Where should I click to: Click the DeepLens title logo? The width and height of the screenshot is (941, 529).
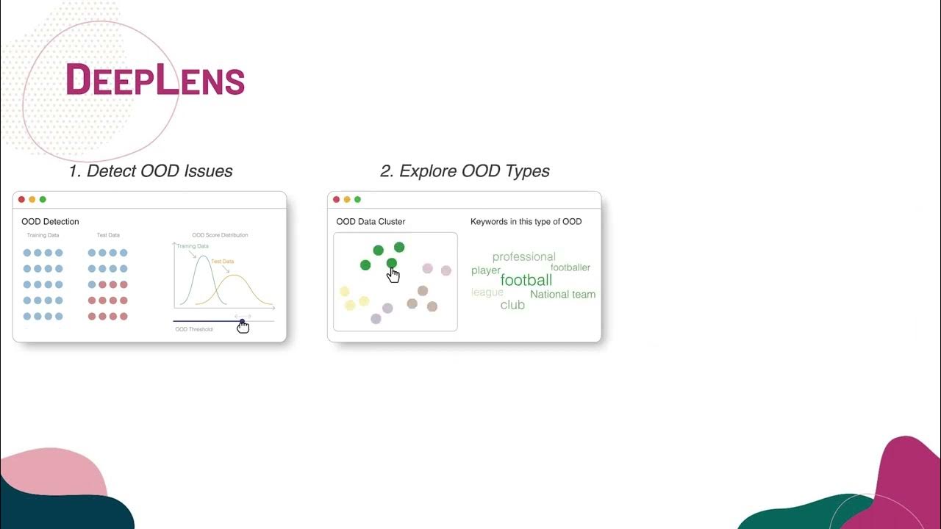click(155, 79)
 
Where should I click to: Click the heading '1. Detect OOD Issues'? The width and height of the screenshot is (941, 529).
click(151, 171)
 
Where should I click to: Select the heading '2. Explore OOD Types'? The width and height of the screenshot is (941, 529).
click(465, 171)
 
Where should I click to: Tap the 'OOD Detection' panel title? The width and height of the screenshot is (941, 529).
click(50, 221)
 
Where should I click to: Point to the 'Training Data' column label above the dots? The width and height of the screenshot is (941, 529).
click(43, 235)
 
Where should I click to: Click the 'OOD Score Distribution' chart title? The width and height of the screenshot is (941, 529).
click(220, 235)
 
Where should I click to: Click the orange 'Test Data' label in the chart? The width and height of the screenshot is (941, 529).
click(222, 262)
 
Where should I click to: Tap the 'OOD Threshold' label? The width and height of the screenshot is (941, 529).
click(193, 329)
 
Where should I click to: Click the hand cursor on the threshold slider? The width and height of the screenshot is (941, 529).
click(243, 326)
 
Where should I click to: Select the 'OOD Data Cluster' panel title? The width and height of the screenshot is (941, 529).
click(371, 221)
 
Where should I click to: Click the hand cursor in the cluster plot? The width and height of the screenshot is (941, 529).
click(393, 275)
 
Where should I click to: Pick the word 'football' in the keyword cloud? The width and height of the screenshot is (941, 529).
click(526, 280)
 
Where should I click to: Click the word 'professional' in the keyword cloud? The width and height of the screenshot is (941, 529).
click(523, 256)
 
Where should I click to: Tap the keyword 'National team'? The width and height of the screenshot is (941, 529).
click(562, 294)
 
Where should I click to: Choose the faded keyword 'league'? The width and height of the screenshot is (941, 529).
click(487, 292)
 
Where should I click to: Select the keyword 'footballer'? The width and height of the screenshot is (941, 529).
click(570, 267)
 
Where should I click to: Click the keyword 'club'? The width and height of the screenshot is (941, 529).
click(512, 305)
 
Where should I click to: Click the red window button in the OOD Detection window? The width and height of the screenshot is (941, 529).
click(22, 199)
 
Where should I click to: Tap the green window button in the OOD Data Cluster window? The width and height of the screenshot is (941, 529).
click(357, 199)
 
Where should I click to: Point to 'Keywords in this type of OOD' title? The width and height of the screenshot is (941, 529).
click(526, 221)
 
